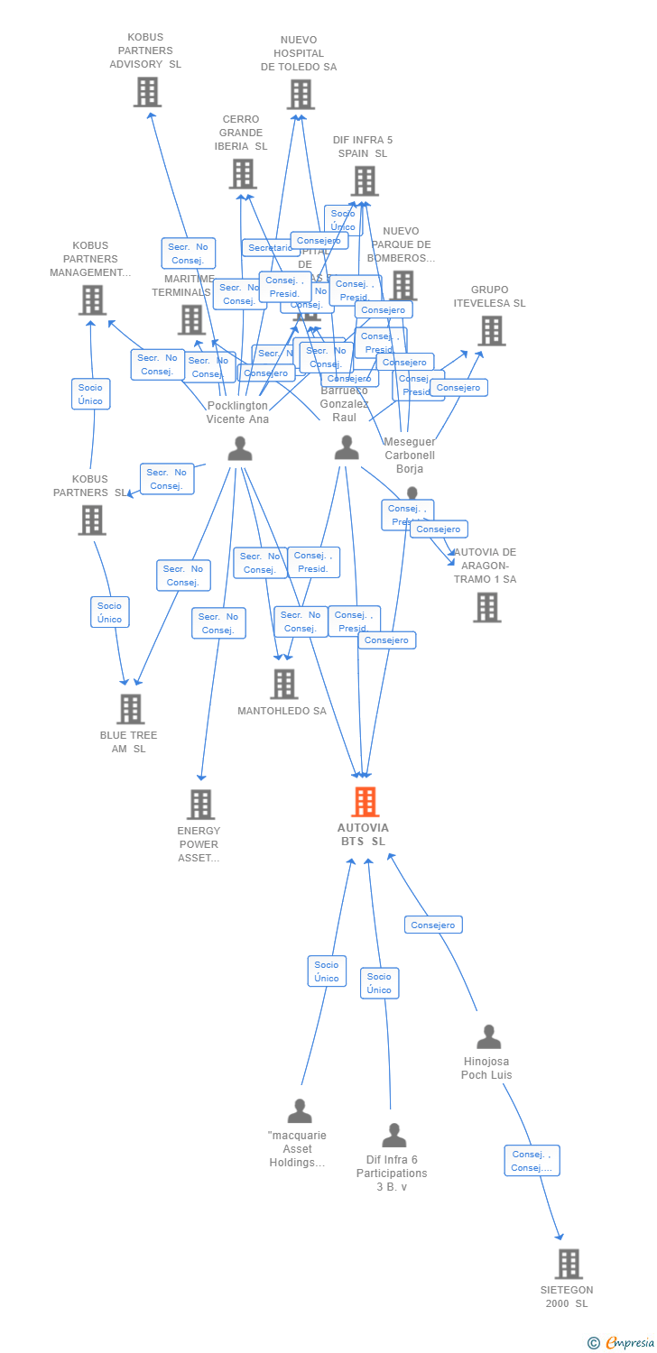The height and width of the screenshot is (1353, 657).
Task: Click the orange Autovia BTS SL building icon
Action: tap(365, 801)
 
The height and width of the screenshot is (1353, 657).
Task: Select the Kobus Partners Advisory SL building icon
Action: tap(147, 92)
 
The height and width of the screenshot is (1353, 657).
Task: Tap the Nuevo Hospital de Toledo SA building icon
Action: tap(301, 94)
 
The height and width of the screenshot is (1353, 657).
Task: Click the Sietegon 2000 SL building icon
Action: tap(569, 1264)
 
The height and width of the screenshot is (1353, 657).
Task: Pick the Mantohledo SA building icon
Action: tap(284, 684)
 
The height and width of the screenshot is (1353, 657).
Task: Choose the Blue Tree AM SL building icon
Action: tap(131, 709)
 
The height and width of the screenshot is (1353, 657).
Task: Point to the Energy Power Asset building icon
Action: tap(200, 804)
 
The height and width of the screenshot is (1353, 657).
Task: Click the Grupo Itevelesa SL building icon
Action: tap(491, 331)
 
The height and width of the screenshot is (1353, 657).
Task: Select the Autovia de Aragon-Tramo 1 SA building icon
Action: tap(486, 607)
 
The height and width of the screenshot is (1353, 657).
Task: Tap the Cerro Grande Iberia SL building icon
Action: tap(242, 174)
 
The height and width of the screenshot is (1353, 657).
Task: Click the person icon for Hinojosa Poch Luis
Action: tap(488, 1037)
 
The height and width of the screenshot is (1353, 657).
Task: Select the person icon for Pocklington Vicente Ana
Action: tap(240, 448)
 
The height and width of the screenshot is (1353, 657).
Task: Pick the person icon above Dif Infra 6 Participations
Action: tap(393, 1135)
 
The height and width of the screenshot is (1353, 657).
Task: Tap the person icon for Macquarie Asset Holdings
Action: tap(300, 1111)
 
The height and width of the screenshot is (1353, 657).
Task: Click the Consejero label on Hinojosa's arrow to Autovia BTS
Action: tap(433, 925)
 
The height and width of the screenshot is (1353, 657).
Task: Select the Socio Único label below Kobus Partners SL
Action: tap(109, 612)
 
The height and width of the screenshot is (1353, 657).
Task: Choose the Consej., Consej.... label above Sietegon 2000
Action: tap(532, 1160)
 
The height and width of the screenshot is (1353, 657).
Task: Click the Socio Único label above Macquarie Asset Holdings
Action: tap(327, 971)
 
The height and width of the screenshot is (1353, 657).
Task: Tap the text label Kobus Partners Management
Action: tap(90, 259)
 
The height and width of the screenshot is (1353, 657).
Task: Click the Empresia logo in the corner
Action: tap(623, 1343)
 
